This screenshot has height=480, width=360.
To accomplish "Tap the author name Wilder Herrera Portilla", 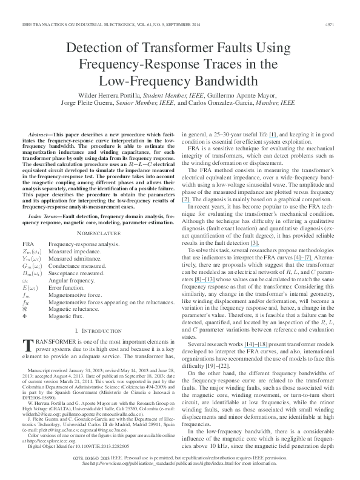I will [x=106, y=96].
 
